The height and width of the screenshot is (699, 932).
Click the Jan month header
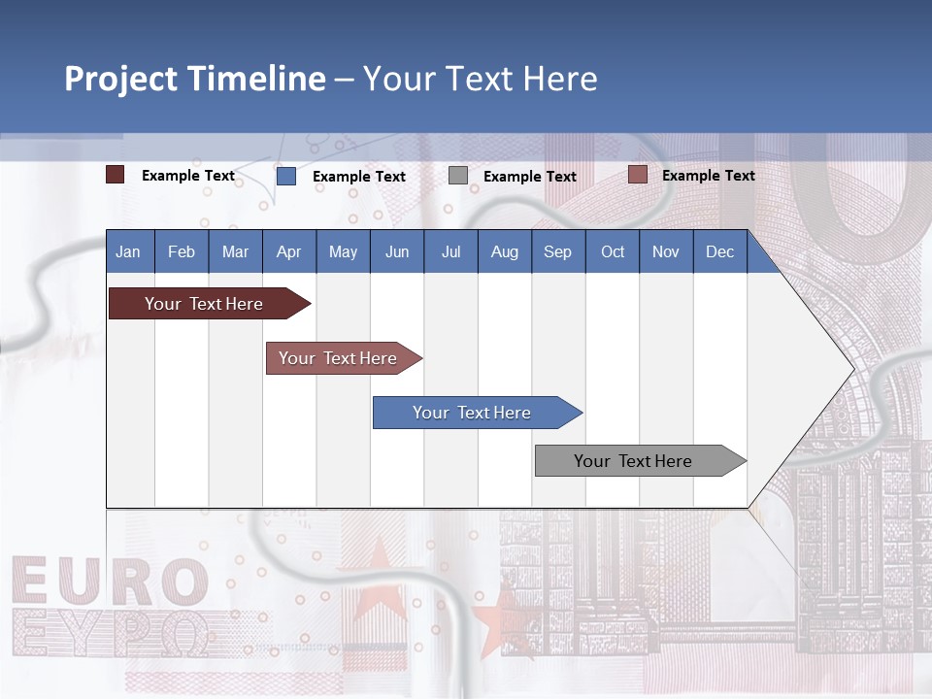point(128,251)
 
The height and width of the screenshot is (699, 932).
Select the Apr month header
point(288,251)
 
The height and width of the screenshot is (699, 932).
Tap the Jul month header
point(450,251)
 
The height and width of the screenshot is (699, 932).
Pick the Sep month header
point(557,251)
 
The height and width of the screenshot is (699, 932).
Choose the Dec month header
point(719,251)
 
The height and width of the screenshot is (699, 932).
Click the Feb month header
point(182,251)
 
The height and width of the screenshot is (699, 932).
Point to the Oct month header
point(612,251)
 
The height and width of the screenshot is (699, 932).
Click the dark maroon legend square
point(116,175)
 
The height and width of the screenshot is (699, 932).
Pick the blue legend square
point(286,176)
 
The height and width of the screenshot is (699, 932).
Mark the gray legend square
point(458,176)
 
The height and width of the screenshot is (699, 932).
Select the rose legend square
point(638,175)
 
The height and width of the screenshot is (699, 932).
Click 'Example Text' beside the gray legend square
point(529,177)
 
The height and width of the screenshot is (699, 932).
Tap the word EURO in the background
point(110,582)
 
